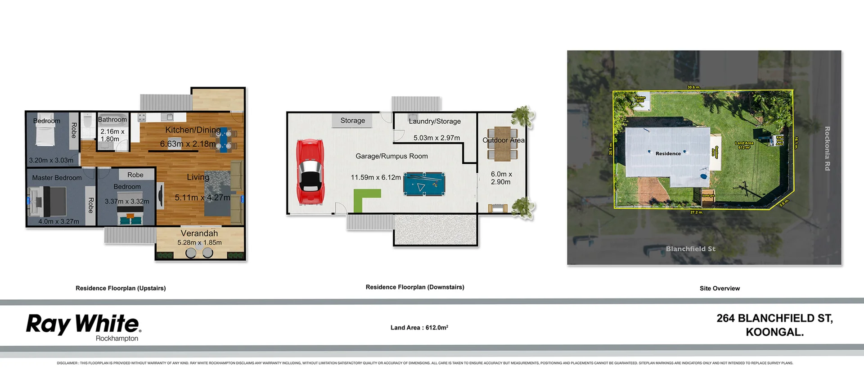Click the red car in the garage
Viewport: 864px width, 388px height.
click(309, 172)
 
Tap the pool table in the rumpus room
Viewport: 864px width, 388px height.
click(424, 184)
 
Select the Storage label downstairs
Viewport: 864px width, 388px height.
click(352, 121)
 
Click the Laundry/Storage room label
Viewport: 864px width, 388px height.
click(435, 121)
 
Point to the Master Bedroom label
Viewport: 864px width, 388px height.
click(57, 178)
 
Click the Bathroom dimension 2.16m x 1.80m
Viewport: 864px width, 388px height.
click(112, 135)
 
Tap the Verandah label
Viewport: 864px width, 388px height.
click(199, 233)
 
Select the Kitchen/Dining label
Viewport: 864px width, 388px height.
click(193, 130)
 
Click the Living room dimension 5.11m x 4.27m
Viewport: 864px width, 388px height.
click(202, 198)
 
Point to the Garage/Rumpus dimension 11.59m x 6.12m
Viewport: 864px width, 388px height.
click(376, 177)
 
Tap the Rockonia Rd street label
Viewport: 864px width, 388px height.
click(827, 149)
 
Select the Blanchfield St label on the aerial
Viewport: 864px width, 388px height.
click(690, 248)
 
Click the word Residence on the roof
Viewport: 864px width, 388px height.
click(668, 153)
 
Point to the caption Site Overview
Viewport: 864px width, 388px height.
click(720, 288)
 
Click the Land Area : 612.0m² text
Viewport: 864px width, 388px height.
click(419, 328)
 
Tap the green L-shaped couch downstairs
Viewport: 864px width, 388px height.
click(364, 199)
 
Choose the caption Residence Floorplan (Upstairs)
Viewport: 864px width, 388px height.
click(121, 288)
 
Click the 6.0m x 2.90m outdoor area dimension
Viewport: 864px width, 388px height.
click(501, 178)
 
